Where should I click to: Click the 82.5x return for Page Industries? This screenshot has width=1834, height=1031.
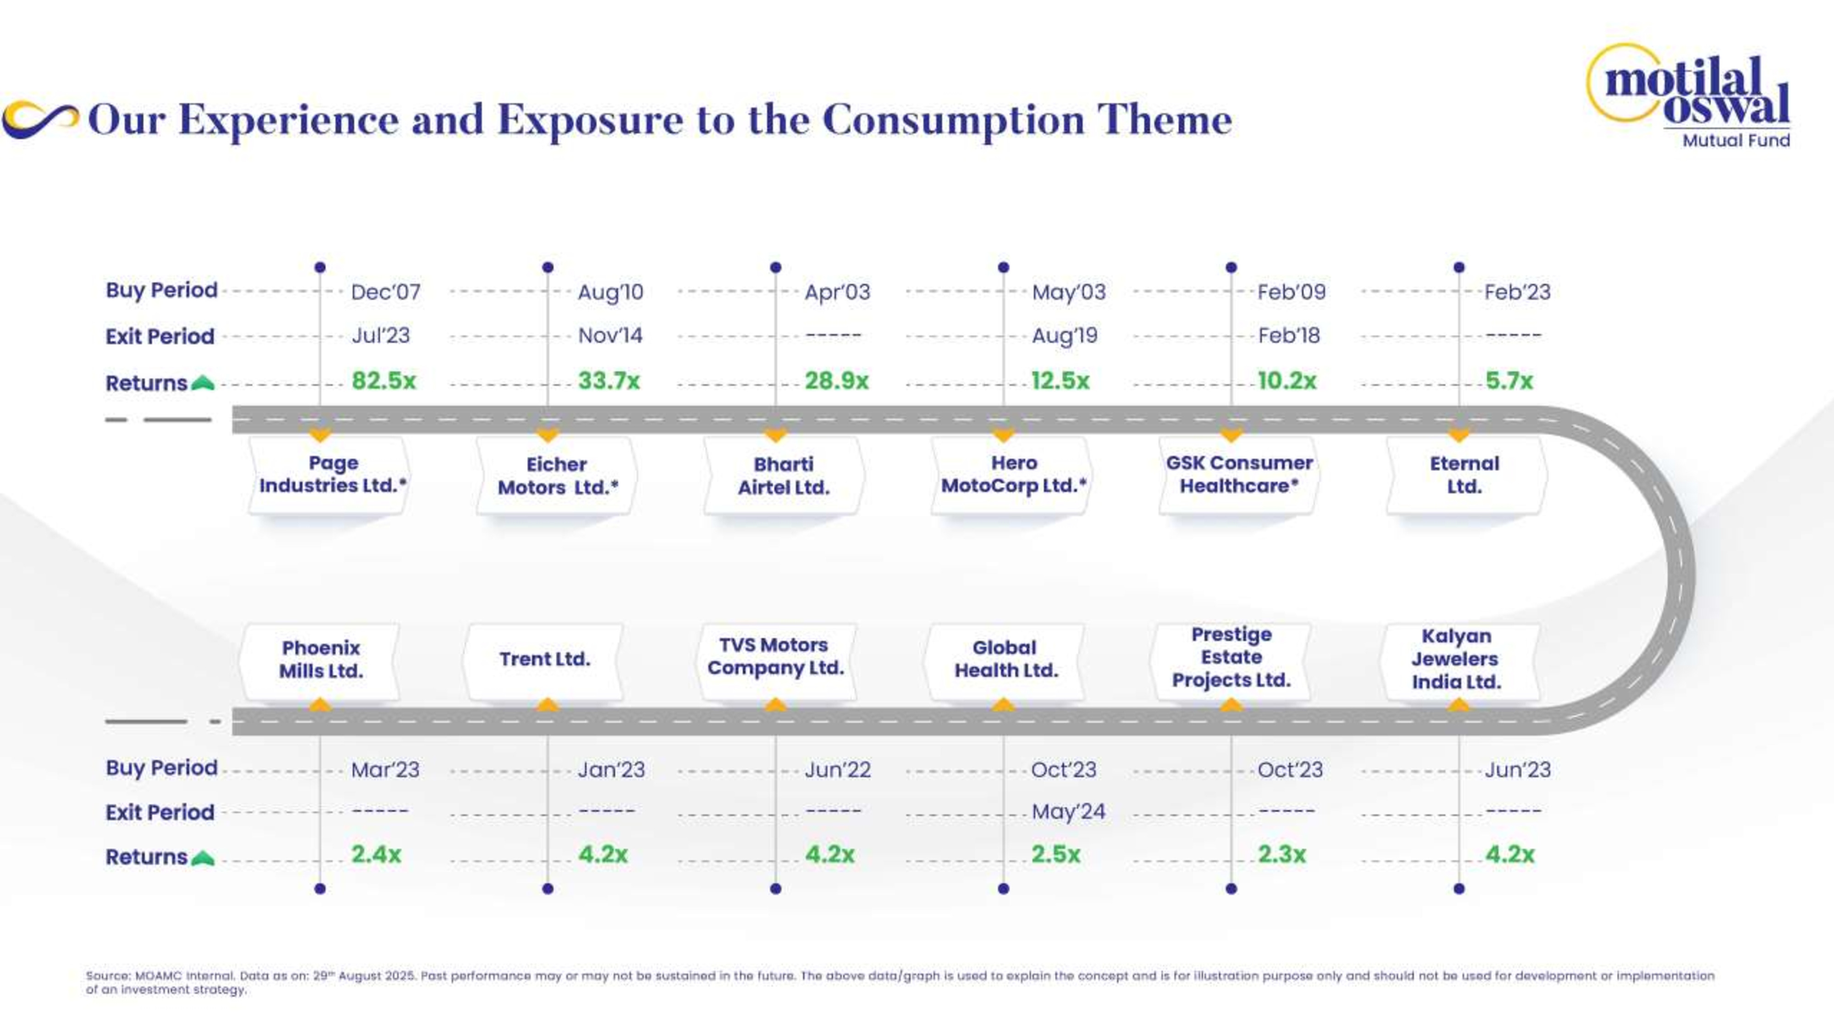pos(383,381)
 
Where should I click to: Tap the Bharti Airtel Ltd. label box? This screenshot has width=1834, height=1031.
pos(784,475)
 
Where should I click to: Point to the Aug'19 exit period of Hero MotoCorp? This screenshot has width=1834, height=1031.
pos(1064,335)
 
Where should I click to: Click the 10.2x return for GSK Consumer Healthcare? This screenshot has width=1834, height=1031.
pos(1287,381)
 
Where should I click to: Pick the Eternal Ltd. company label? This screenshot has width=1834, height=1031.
pos(1465,475)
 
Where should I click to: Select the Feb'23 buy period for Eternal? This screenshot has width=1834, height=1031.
pos(1517,292)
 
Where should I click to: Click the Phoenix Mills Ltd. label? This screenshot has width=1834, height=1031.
pos(320,659)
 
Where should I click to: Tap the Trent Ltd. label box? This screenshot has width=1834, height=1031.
pos(545,659)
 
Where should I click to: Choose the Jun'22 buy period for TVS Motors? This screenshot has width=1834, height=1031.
pos(837,769)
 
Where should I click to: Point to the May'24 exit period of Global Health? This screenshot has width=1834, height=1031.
pos(1068,812)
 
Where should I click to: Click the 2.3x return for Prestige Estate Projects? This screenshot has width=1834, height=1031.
pos(1282,854)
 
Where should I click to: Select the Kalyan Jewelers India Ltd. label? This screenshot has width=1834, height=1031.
pos(1457,659)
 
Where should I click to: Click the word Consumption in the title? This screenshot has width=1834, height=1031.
pos(953,120)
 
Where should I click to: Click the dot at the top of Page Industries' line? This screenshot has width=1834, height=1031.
pos(320,268)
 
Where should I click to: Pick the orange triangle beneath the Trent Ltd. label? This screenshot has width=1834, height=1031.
pos(547,704)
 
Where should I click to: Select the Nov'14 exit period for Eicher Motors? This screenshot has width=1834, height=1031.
pos(610,335)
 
